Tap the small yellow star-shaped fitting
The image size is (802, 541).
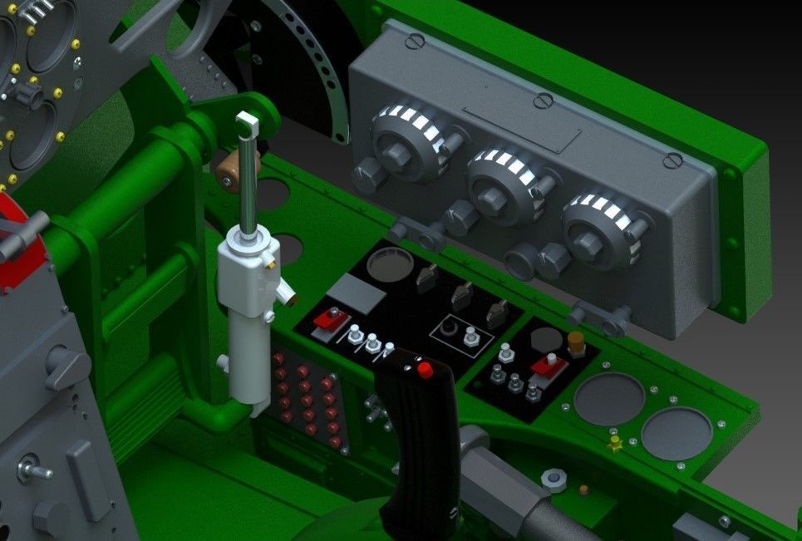pyautogui.click(x=616, y=443)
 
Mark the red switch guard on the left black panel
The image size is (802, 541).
pyautogui.click(x=328, y=322)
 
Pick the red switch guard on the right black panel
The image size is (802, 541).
pyautogui.click(x=549, y=364)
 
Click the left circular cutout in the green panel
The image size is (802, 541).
pyautogui.click(x=610, y=397)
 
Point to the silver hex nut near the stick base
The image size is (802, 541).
pyautogui.click(x=553, y=479)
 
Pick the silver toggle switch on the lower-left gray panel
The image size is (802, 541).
pyautogui.click(x=34, y=470)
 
